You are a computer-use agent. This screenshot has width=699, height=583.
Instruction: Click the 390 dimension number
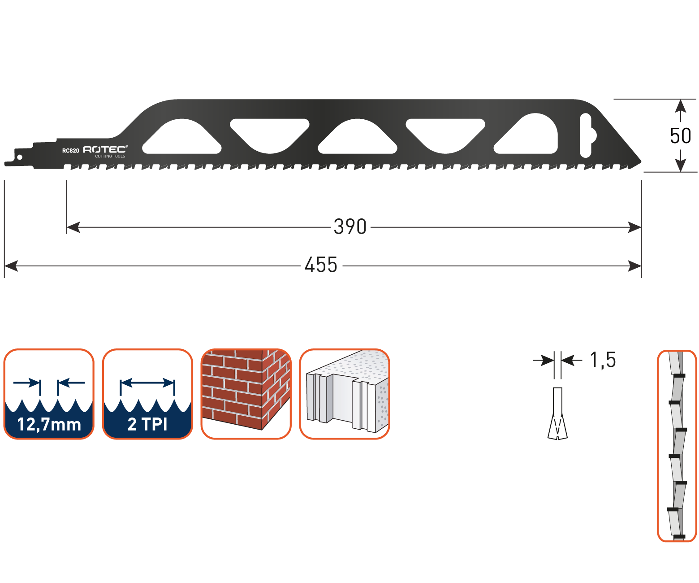(x=350, y=227)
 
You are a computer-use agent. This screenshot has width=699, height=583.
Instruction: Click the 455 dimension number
(x=321, y=265)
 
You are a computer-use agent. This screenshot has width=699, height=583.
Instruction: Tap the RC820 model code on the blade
(x=70, y=151)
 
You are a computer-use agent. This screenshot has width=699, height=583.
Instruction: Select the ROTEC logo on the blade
(x=105, y=149)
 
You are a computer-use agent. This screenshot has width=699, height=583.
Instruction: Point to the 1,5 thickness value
(x=603, y=360)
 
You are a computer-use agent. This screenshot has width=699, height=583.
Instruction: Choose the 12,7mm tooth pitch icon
(x=49, y=394)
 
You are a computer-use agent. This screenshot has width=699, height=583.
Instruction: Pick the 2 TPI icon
(x=147, y=394)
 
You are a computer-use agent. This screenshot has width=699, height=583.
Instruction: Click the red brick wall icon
(x=246, y=394)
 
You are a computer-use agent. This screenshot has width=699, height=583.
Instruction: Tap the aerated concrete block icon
(x=345, y=394)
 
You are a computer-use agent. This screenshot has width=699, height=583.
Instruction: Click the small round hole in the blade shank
(x=19, y=157)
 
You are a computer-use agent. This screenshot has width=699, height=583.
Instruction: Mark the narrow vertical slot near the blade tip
(x=585, y=135)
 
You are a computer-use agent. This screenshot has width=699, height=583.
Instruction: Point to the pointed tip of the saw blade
(x=640, y=161)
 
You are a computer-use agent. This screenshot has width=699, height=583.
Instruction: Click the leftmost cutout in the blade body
(x=181, y=136)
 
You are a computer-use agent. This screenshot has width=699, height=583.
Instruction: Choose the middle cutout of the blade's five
(x=357, y=136)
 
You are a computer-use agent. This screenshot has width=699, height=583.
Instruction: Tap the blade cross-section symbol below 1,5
(x=558, y=413)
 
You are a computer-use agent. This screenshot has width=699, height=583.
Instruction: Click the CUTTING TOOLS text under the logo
(x=110, y=157)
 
